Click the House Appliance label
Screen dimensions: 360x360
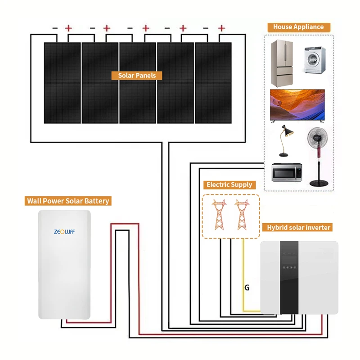coord(298,27)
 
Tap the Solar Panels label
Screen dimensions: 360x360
coord(137,76)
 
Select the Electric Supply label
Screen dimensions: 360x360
coord(229,184)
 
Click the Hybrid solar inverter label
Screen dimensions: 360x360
coord(299,228)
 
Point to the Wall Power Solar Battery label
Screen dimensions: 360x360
coord(68,201)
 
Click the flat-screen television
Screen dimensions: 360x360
coord(297,105)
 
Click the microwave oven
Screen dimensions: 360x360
coord(286,172)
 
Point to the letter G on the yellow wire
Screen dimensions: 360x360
coord(247,287)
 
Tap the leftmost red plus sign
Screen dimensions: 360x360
coord(68,28)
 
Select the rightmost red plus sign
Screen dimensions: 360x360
coord(221,28)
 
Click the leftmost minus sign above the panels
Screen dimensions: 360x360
coord(55,28)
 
